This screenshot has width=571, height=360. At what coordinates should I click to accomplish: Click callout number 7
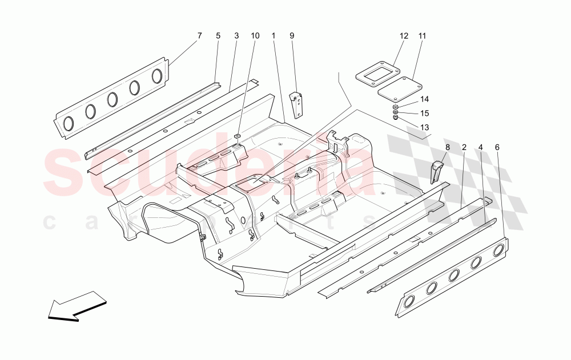[x=199, y=36]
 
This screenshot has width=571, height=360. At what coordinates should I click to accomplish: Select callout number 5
[x=218, y=36]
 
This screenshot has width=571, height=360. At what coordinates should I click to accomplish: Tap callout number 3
[x=236, y=36]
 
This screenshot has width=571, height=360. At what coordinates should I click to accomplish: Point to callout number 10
[x=255, y=36]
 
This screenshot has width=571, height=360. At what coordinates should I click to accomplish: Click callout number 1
[x=274, y=36]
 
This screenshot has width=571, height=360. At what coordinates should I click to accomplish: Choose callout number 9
[x=292, y=36]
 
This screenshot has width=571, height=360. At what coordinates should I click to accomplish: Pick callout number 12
[x=404, y=36]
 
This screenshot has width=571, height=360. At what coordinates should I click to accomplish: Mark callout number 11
[x=422, y=36]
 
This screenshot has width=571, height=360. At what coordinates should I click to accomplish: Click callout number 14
[x=424, y=99]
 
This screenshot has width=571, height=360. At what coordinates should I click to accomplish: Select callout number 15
[x=424, y=113]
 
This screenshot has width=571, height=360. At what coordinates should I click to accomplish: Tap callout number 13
[x=424, y=127]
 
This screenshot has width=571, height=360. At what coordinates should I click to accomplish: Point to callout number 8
[x=447, y=147]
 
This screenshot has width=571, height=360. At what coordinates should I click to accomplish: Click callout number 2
[x=464, y=147]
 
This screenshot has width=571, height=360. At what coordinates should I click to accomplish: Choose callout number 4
[x=481, y=147]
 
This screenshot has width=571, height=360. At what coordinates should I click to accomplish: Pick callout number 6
[x=497, y=147]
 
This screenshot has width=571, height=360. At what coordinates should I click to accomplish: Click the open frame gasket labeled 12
[x=372, y=75]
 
